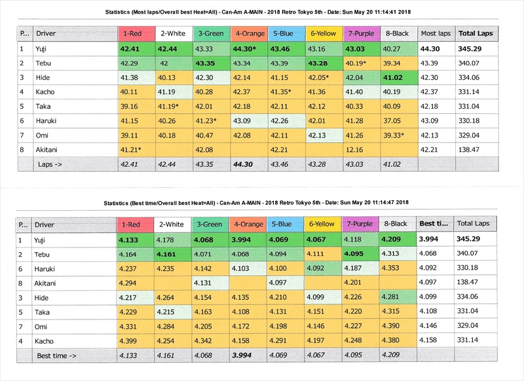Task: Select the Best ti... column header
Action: point(435,224)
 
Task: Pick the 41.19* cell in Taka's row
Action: point(169,106)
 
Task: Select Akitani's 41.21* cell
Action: point(133,150)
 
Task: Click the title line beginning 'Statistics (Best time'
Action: point(261,203)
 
